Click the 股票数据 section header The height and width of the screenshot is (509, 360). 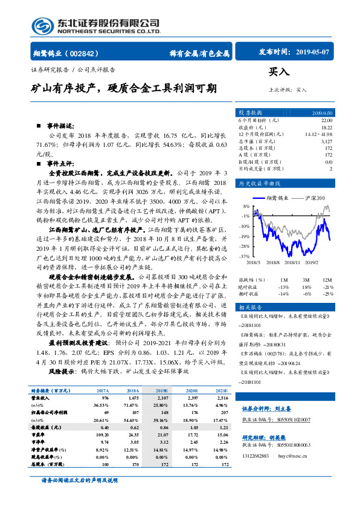pyautogui.click(x=249, y=113)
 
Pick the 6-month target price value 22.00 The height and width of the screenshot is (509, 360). pyautogui.click(x=324, y=121)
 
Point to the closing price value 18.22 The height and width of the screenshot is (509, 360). pyautogui.click(x=325, y=128)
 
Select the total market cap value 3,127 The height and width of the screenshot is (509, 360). pyautogui.click(x=325, y=141)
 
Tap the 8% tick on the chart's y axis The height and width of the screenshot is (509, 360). pyautogui.click(x=245, y=206)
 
